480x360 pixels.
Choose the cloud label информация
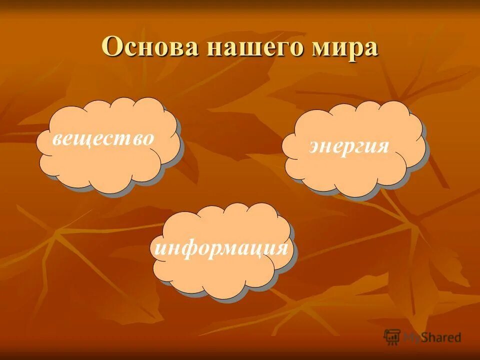(x=221, y=247)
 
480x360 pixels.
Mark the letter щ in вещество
(x=88, y=138)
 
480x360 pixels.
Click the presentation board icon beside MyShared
(x=392, y=336)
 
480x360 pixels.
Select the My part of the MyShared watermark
(x=412, y=337)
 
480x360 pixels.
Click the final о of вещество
(x=147, y=138)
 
